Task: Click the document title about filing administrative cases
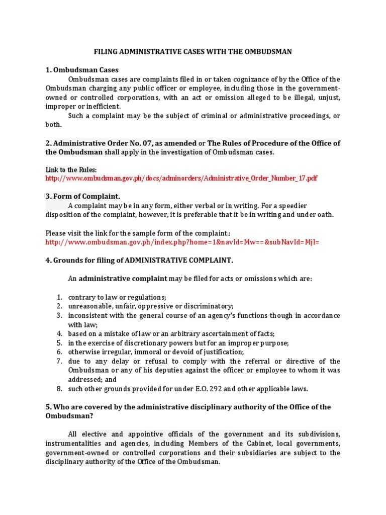click(193, 51)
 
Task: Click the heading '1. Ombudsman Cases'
click(82, 70)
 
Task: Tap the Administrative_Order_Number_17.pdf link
click(181, 178)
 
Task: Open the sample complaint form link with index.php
click(182, 242)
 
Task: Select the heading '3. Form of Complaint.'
click(83, 196)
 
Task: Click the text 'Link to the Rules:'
click(71, 169)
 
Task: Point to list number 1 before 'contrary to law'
click(59, 297)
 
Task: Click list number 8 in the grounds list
click(59, 388)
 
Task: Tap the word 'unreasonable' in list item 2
click(88, 306)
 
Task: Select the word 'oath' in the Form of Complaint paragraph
click(325, 215)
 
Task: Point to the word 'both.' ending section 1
click(54, 125)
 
